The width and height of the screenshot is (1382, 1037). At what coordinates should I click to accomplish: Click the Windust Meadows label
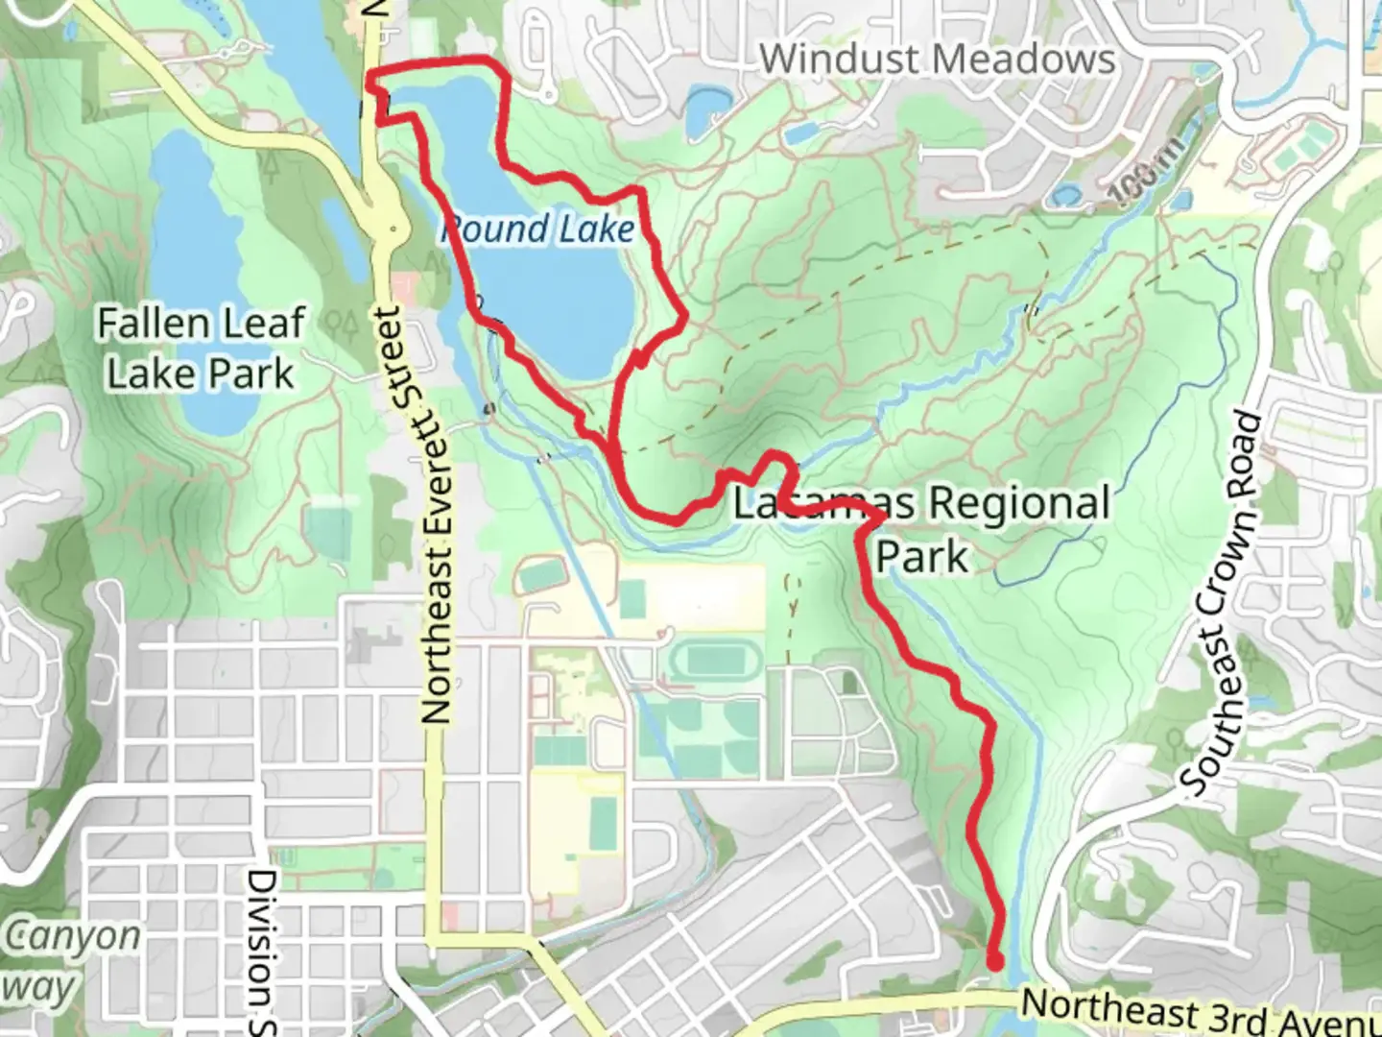(938, 60)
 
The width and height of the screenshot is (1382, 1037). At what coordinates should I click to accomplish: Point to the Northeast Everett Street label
(436, 516)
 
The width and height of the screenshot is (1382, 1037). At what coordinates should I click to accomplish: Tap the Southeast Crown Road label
(1221, 605)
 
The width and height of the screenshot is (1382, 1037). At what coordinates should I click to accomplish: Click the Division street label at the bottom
(262, 951)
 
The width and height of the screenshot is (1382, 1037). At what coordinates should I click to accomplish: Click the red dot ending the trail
(995, 960)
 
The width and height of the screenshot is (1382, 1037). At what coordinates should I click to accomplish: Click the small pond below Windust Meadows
(707, 108)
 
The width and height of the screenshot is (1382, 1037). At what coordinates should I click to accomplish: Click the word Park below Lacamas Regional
(922, 556)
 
